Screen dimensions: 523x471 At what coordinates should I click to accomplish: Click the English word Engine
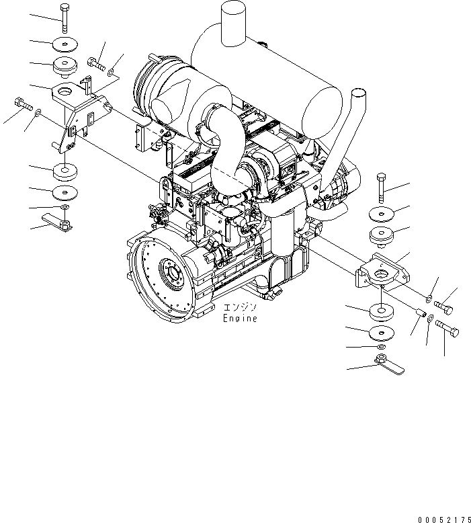(240, 319)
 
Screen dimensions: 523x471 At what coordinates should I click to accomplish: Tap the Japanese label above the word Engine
(239, 309)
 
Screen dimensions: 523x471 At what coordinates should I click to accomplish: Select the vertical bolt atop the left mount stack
(63, 17)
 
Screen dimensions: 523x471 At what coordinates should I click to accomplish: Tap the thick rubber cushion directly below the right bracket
(381, 314)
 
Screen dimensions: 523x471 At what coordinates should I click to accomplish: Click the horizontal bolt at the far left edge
(22, 104)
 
